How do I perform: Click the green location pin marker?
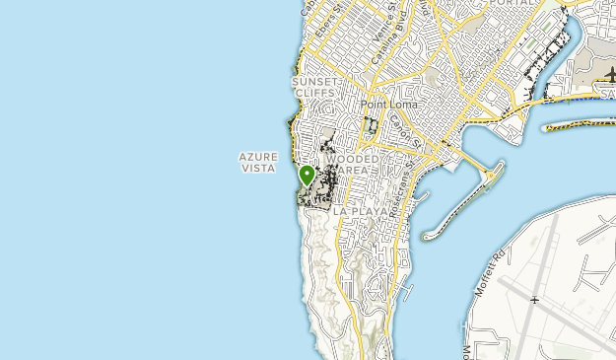click(x=307, y=176)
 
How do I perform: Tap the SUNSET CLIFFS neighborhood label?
click(x=314, y=86)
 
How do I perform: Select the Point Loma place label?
click(x=388, y=105)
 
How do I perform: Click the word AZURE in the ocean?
click(x=258, y=156)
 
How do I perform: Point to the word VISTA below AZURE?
click(x=258, y=169)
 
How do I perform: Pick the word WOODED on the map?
click(x=352, y=159)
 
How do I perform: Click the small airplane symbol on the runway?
click(x=533, y=300)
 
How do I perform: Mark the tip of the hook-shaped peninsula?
click(x=426, y=237)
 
